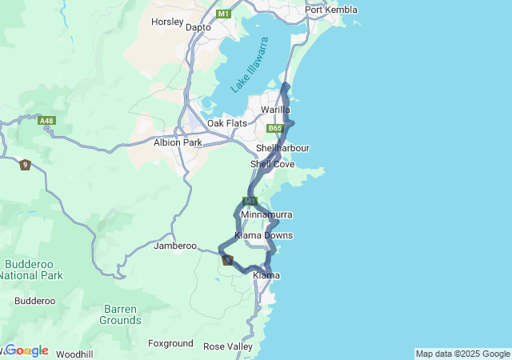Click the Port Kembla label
[x=330, y=10]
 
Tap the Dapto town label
[x=198, y=27]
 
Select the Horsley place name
[x=167, y=22]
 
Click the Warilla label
[x=275, y=109]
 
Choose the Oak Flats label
[x=227, y=123]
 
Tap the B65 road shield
[x=276, y=128]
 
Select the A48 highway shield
[x=48, y=121]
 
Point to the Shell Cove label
[x=272, y=164]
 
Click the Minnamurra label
[x=266, y=215]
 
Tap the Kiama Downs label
[x=263, y=235]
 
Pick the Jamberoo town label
[x=175, y=246]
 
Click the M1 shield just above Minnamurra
[x=250, y=201]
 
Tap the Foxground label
[x=170, y=343]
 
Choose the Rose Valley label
[x=227, y=346]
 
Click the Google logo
[x=26, y=350]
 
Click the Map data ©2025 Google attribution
[x=462, y=354]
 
